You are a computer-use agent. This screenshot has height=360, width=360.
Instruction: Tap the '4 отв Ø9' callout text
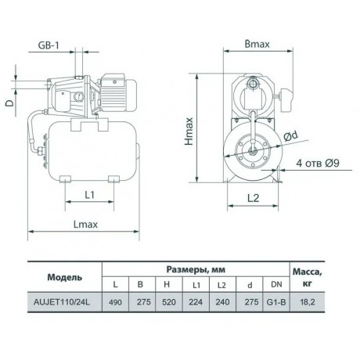pyautogui.click(x=316, y=164)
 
